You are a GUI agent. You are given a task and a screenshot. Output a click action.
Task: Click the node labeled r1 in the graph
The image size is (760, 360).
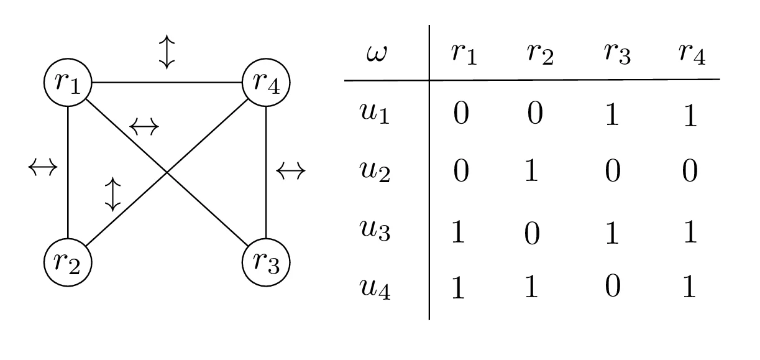pos(68,82)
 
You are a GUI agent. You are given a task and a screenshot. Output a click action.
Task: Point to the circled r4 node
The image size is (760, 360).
pos(265,82)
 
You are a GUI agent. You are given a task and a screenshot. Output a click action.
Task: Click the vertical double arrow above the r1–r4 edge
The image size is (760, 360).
pos(167,52)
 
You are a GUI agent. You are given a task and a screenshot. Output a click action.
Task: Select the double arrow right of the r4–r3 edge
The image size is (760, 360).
pos(290,170)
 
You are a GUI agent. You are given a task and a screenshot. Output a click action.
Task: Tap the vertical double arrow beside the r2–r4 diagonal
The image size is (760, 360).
pos(112,194)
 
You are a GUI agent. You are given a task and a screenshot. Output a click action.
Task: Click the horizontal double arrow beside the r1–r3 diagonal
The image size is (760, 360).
pos(144,127)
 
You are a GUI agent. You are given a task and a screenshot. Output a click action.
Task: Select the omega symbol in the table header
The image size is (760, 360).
pos(376,55)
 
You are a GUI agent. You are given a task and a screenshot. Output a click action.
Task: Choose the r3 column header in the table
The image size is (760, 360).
pos(616,55)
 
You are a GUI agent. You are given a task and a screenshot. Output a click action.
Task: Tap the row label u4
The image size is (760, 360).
pos(375,289)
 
